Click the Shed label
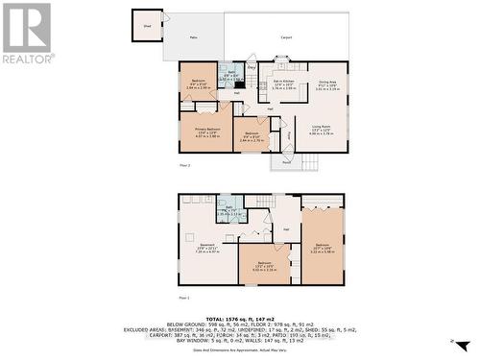[146, 27]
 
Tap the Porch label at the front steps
[286, 156]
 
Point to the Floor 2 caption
[184, 165]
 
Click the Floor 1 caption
[184, 298]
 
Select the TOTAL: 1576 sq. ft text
[239, 316]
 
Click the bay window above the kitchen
[281, 63]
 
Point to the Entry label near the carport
[252, 68]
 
